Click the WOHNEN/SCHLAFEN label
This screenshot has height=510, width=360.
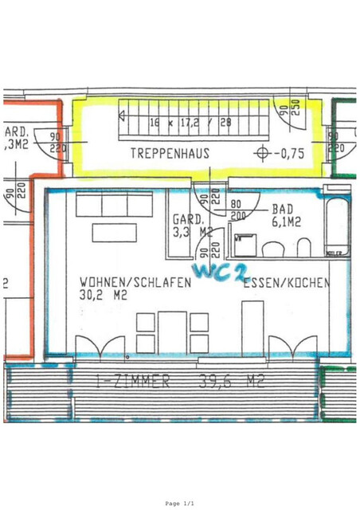click(135, 283)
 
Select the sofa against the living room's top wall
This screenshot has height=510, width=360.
click(114, 206)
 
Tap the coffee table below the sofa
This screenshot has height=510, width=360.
click(119, 233)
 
